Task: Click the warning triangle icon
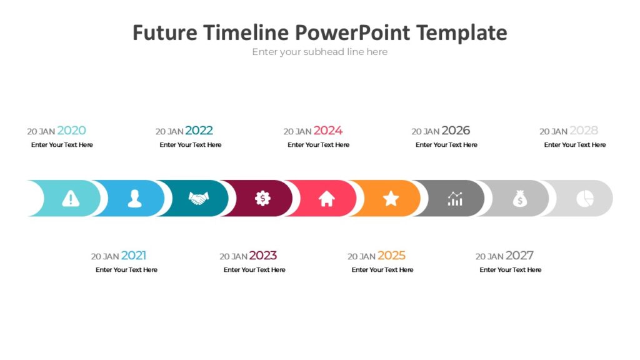tap(71, 199)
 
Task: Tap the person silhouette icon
tap(134, 199)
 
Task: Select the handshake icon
tap(199, 199)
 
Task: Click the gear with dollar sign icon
tap(263, 199)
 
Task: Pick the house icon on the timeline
tap(327, 199)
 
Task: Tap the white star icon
tap(391, 199)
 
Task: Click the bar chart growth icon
tap(455, 199)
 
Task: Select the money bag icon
tap(519, 199)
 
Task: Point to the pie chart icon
tap(584, 199)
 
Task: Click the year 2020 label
tap(71, 131)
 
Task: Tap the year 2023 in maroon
tap(262, 256)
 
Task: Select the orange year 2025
tap(391, 256)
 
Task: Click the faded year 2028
tap(584, 131)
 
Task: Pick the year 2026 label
tap(456, 131)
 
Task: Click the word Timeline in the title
tap(247, 32)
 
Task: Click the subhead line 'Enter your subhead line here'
tap(319, 52)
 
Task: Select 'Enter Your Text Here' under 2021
tap(126, 270)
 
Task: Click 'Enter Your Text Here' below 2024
tap(318, 145)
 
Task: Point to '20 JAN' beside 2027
tap(489, 256)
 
